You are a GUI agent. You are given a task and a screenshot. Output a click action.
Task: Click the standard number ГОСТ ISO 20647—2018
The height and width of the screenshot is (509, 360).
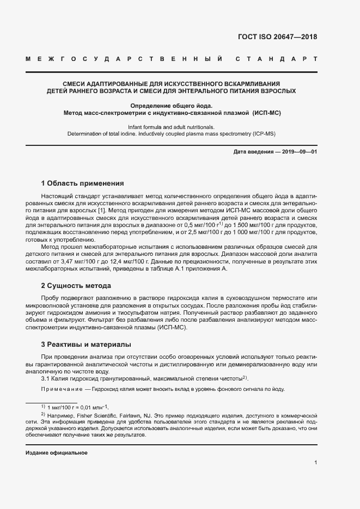tap(277, 37)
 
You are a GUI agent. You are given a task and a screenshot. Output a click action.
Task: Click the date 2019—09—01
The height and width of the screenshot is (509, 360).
tap(299, 151)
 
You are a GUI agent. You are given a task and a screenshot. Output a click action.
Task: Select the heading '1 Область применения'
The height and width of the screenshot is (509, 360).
tap(82, 183)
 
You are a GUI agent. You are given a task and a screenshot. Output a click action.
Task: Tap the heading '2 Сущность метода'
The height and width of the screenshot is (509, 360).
tap(76, 285)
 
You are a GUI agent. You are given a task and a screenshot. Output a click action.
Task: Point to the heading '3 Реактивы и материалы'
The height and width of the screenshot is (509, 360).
tap(86, 344)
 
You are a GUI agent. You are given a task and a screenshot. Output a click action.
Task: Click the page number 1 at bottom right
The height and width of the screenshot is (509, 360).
tap(315, 463)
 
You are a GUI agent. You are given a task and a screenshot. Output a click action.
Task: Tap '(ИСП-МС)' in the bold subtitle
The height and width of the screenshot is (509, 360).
tap(265, 113)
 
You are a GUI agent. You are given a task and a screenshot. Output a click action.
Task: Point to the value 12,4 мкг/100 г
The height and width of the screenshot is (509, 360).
tap(126, 261)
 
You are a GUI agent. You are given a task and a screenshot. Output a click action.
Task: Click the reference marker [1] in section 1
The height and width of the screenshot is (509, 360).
tap(101, 210)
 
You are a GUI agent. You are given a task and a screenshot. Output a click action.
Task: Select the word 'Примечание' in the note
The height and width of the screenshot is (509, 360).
tap(60, 389)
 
